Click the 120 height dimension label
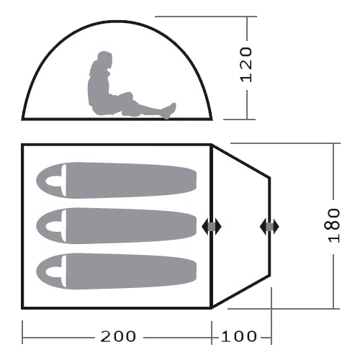pyautogui.click(x=246, y=65)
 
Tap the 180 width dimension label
pyautogui.click(x=334, y=225)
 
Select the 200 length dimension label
pyautogui.click(x=118, y=336)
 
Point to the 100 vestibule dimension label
pyautogui.click(x=238, y=336)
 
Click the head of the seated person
pyautogui.click(x=105, y=59)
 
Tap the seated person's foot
pyautogui.click(x=170, y=110)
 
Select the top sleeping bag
pyautogui.click(x=116, y=180)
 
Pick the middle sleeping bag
pyautogui.click(x=116, y=226)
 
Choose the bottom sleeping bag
pyautogui.click(x=116, y=271)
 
